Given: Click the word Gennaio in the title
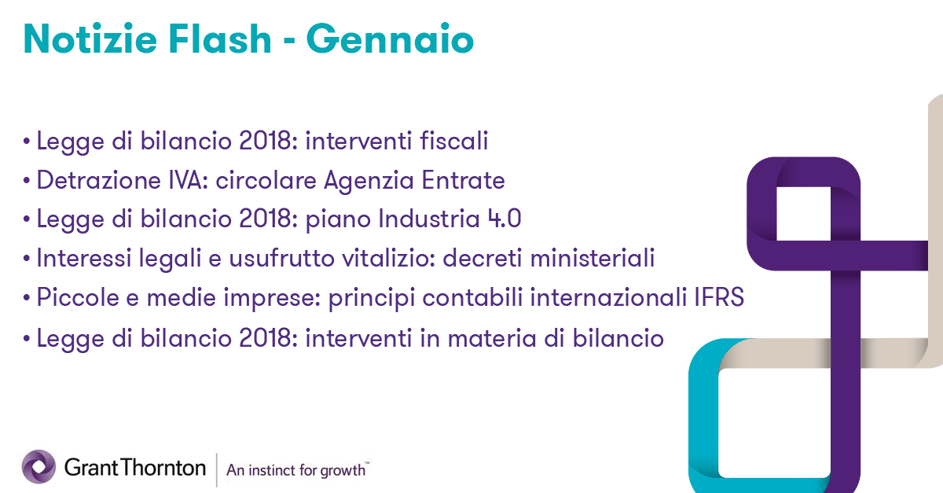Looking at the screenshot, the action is pyautogui.click(x=390, y=39).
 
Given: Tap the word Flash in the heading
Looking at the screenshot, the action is pyautogui.click(x=220, y=39).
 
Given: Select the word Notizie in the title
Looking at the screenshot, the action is pyautogui.click(x=90, y=39).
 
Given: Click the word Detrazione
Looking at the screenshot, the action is pyautogui.click(x=99, y=180).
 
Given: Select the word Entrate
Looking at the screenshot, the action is pyautogui.click(x=463, y=180).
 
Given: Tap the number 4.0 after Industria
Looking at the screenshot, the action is pyautogui.click(x=505, y=219).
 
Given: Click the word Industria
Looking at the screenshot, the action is pyautogui.click(x=429, y=219).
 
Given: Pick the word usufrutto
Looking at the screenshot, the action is pyautogui.click(x=281, y=258).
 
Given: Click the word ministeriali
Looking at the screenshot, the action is pyautogui.click(x=593, y=258).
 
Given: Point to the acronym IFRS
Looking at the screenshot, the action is pyautogui.click(x=719, y=297).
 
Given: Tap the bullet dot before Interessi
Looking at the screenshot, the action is pyautogui.click(x=27, y=259).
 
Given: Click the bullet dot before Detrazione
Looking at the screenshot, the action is pyautogui.click(x=27, y=181).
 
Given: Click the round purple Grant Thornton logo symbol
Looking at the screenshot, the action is pyautogui.click(x=39, y=466).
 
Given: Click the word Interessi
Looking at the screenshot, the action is pyautogui.click(x=84, y=258).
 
